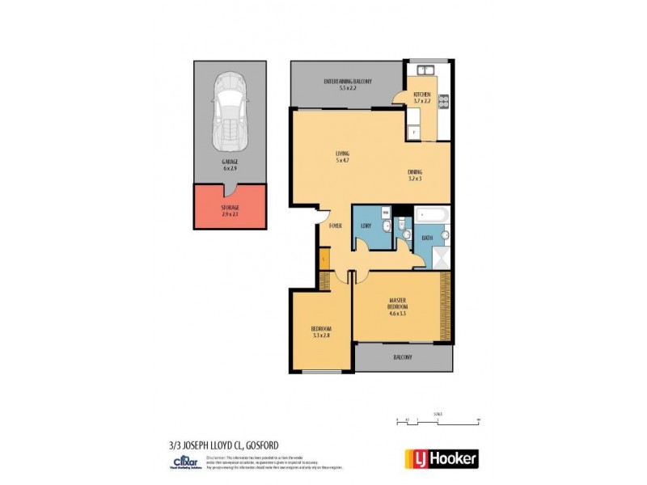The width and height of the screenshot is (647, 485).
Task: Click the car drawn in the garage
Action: tap(230, 112)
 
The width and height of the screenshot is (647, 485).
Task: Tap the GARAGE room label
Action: tap(230, 166)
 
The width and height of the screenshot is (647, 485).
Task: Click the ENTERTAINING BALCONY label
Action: tap(340, 84)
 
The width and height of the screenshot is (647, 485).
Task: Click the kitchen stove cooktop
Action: tap(443, 101)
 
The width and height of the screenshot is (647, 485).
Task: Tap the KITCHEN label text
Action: tap(422, 97)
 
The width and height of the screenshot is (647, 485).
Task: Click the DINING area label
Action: tap(415, 175)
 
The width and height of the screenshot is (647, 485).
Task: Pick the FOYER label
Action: tap(336, 226)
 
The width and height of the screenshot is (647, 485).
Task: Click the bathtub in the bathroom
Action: tap(433, 215)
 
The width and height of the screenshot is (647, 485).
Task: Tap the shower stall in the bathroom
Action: tap(442, 258)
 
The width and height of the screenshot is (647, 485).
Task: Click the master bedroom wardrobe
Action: tap(444, 306)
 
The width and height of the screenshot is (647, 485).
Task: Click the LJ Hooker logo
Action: tap(441, 458)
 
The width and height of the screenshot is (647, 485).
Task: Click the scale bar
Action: tap(438, 420)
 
